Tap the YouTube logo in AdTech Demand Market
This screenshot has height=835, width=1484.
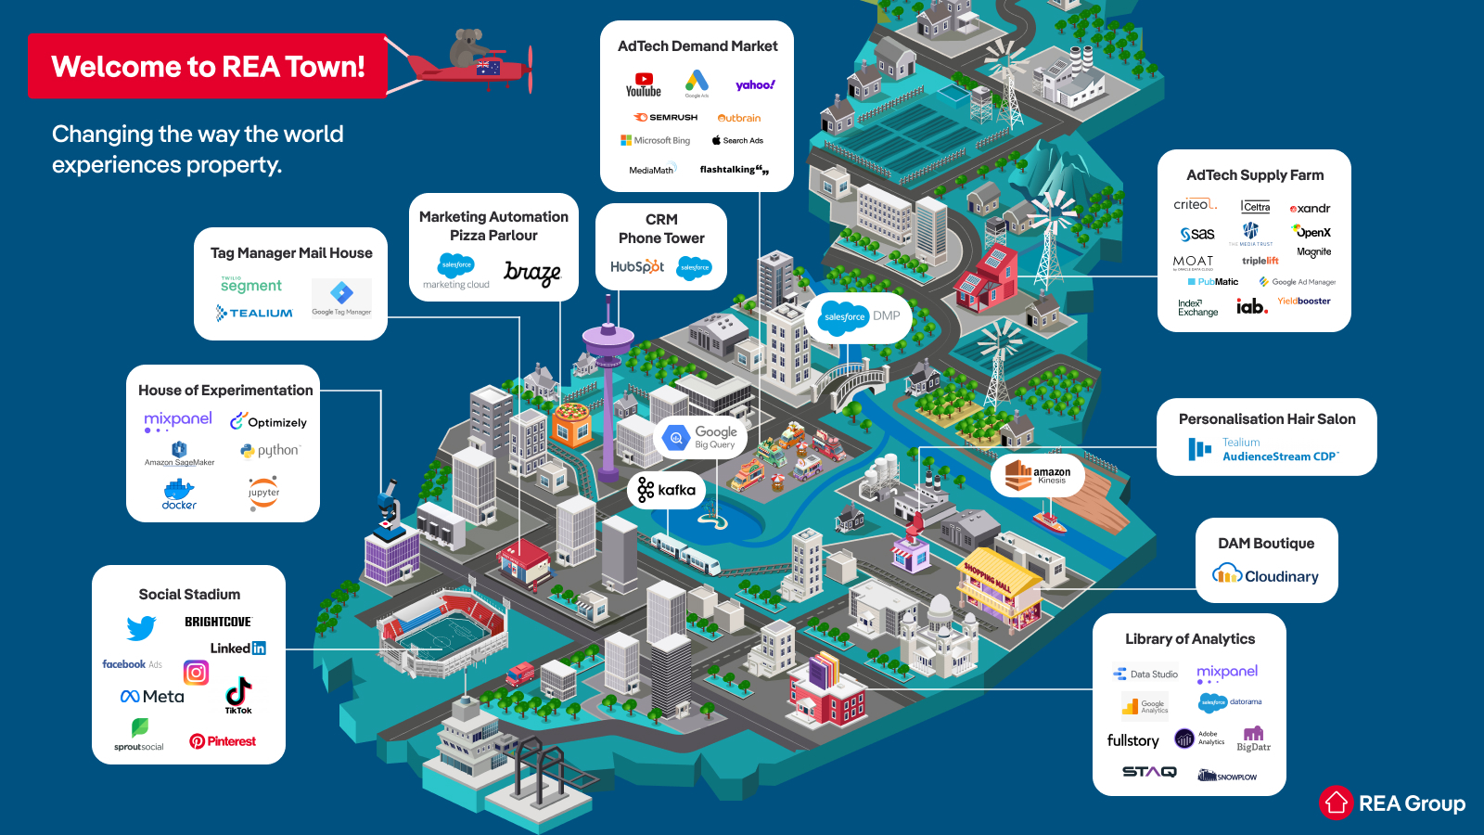tap(643, 85)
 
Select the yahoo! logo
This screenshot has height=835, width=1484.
tap(755, 85)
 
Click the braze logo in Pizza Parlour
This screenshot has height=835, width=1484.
tap(532, 273)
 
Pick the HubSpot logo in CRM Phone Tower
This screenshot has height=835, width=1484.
tap(637, 266)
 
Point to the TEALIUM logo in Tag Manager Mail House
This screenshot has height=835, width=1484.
tap(255, 314)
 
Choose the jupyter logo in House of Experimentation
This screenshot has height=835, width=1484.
tap(263, 492)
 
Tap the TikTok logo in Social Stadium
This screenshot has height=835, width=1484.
tap(238, 694)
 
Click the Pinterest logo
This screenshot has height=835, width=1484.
tap(223, 741)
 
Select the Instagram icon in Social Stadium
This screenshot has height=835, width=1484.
tap(196, 672)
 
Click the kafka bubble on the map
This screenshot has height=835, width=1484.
tap(667, 490)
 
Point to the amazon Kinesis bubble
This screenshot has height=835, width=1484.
tap(1038, 475)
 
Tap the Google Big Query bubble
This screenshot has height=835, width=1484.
tap(702, 437)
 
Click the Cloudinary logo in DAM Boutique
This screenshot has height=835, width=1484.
tap(1265, 575)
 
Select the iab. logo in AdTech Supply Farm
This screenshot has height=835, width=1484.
tap(1251, 306)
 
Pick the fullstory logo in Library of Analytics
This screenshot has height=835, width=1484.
tap(1132, 740)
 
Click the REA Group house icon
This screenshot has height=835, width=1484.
tap(1337, 803)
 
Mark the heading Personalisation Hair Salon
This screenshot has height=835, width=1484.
tap(1267, 419)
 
